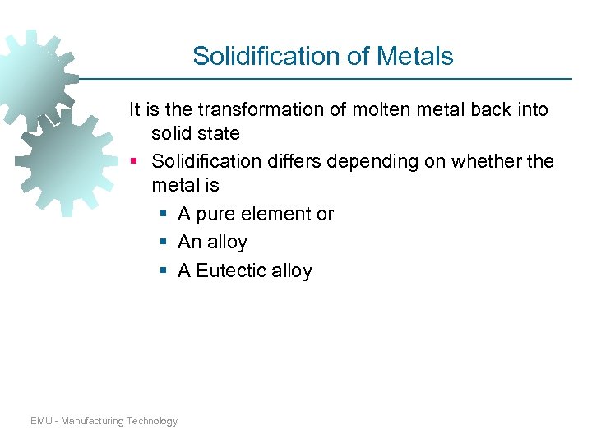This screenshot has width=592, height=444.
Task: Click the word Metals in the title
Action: tap(417, 56)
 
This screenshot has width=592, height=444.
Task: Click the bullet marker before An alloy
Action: tap(164, 243)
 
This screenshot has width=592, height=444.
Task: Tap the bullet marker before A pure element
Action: tap(164, 215)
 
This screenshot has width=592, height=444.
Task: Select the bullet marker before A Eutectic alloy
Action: tap(164, 271)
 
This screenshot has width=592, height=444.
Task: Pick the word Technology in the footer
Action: tap(152, 421)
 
